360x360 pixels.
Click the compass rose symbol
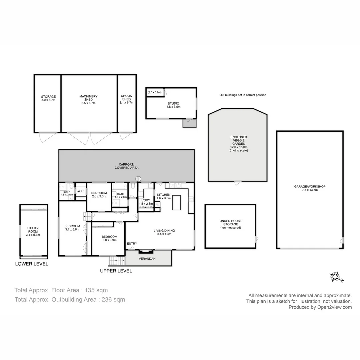click(x=336, y=277)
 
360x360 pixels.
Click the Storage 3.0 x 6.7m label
click(x=48, y=98)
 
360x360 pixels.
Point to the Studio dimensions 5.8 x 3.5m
click(x=173, y=107)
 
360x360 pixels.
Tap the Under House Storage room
click(x=230, y=224)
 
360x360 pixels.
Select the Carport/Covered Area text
click(x=126, y=166)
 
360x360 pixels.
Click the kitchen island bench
click(x=176, y=202)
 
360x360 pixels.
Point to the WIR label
click(x=80, y=191)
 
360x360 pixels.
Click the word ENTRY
click(x=132, y=244)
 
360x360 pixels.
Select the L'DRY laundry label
click(x=146, y=200)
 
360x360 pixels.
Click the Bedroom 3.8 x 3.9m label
click(x=109, y=238)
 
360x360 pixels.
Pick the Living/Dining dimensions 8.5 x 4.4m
click(x=164, y=234)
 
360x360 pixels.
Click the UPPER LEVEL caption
click(x=116, y=271)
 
